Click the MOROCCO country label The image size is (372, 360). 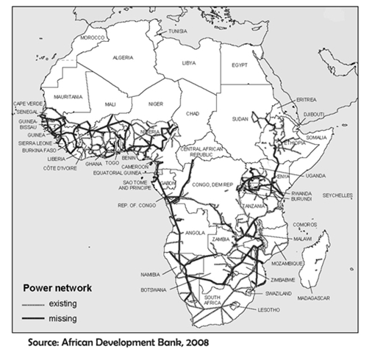[94, 37]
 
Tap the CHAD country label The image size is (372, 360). [193, 114]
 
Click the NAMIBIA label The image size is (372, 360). [149, 274]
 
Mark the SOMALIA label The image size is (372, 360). [316, 137]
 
